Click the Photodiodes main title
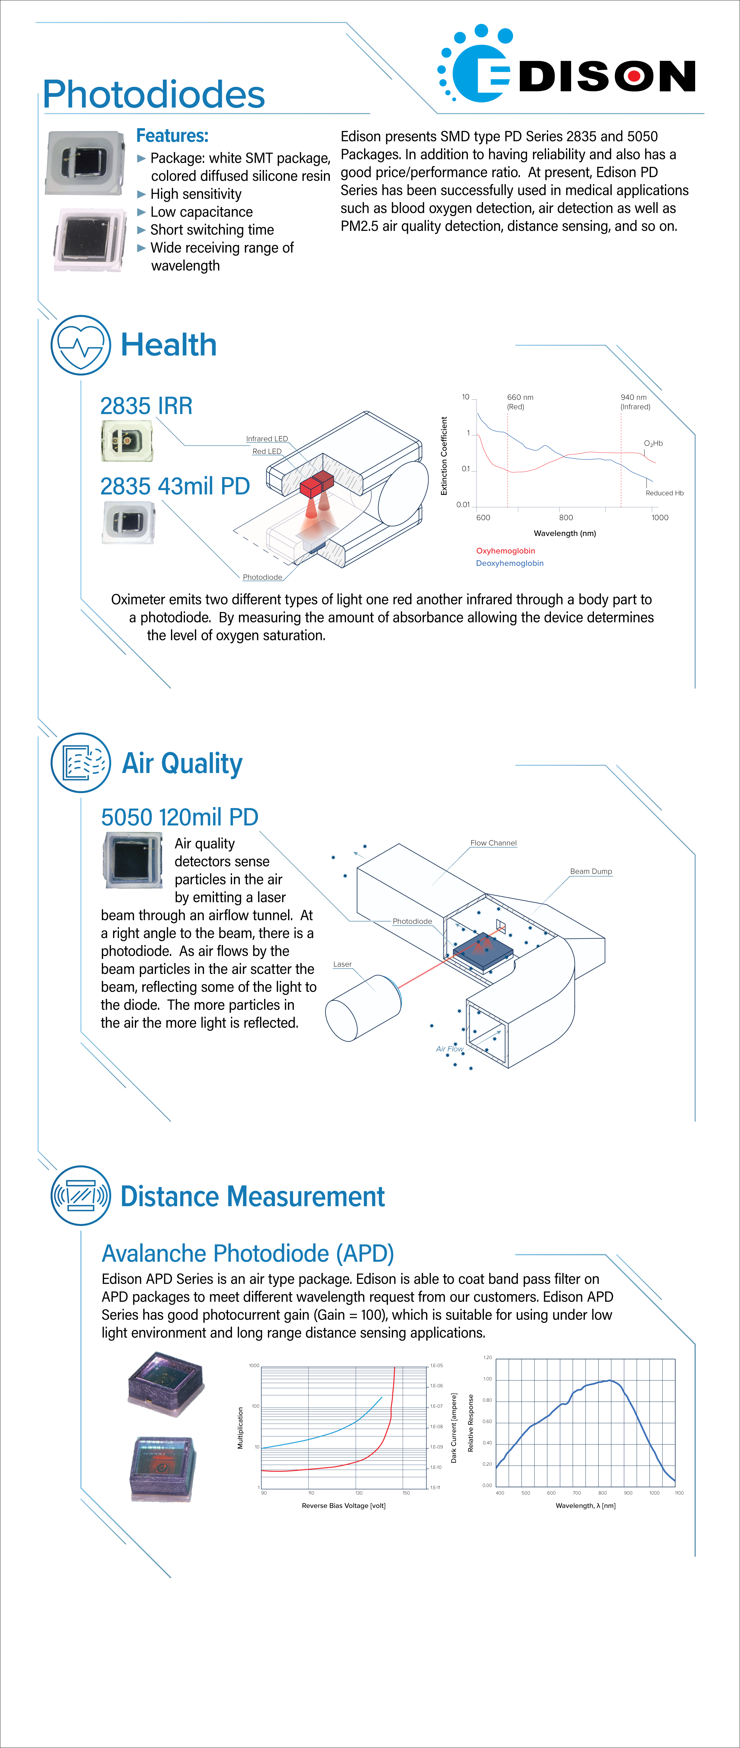coord(154,94)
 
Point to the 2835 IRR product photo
coord(126,440)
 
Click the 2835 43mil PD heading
coord(175,486)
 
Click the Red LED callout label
coord(267,451)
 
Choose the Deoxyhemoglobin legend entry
coord(509,563)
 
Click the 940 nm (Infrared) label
coord(635,402)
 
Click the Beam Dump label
coord(591,871)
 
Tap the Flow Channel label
coord(494,843)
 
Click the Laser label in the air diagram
coord(342,964)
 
